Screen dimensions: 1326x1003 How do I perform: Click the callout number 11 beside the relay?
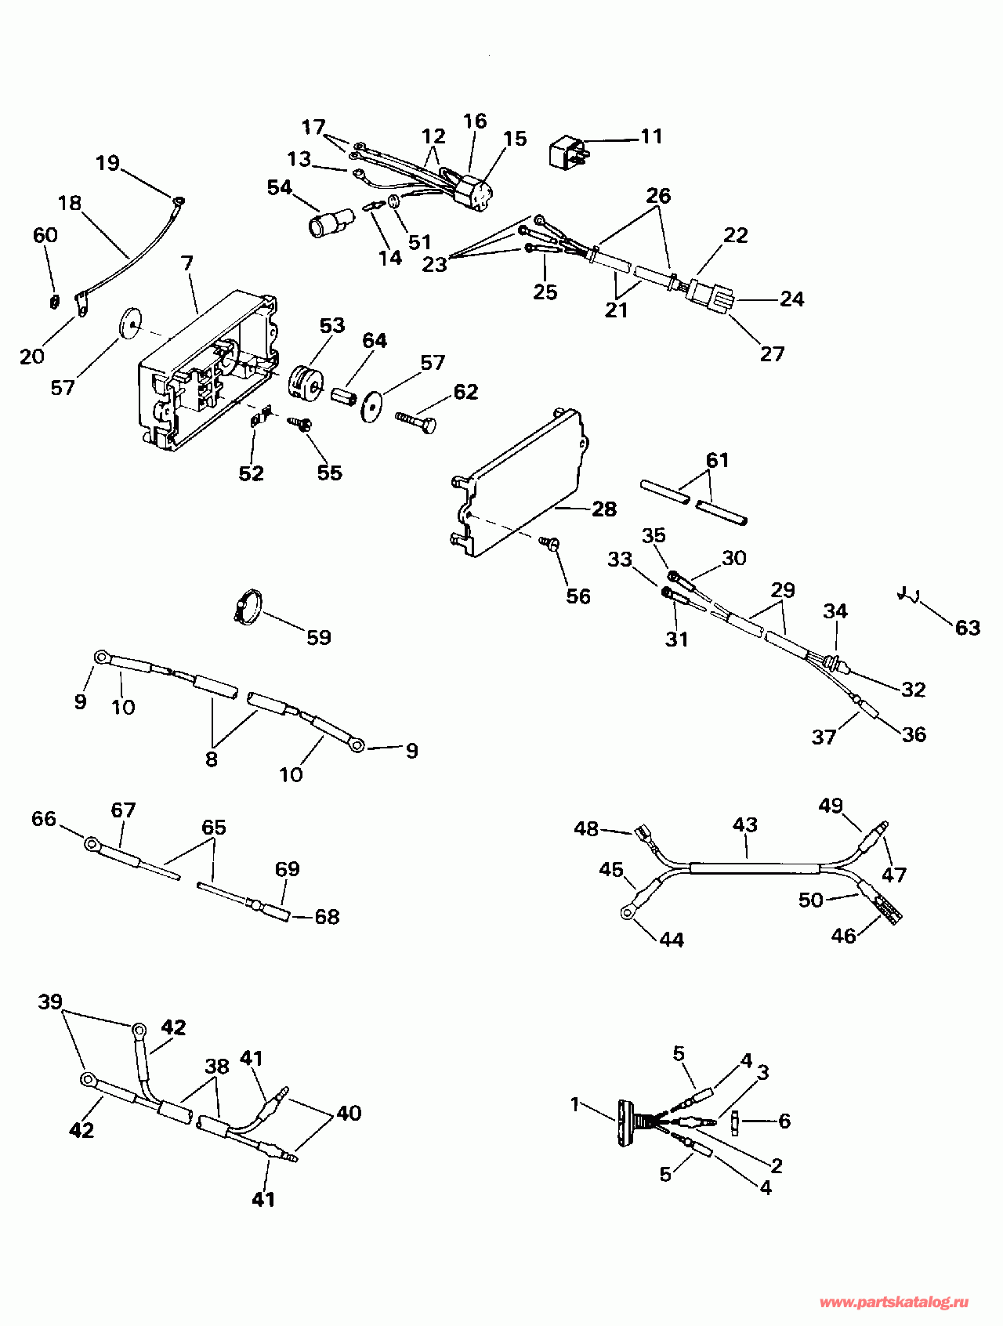(651, 136)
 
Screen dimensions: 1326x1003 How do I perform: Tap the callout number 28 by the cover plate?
(604, 509)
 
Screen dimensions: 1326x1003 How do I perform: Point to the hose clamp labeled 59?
(246, 607)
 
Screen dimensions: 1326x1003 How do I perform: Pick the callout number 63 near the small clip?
(968, 628)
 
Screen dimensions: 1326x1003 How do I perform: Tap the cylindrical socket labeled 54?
(329, 225)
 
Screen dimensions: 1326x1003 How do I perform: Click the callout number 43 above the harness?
(745, 825)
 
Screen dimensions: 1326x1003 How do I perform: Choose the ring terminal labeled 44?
(628, 911)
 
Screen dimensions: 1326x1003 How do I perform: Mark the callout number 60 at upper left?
(45, 235)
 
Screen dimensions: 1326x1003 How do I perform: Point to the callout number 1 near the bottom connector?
(575, 1104)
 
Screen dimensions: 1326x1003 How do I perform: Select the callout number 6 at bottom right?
(784, 1121)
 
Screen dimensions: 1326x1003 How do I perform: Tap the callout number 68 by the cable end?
(327, 917)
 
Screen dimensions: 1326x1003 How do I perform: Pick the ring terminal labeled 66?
(92, 844)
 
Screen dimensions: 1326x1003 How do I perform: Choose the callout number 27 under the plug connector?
(772, 354)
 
